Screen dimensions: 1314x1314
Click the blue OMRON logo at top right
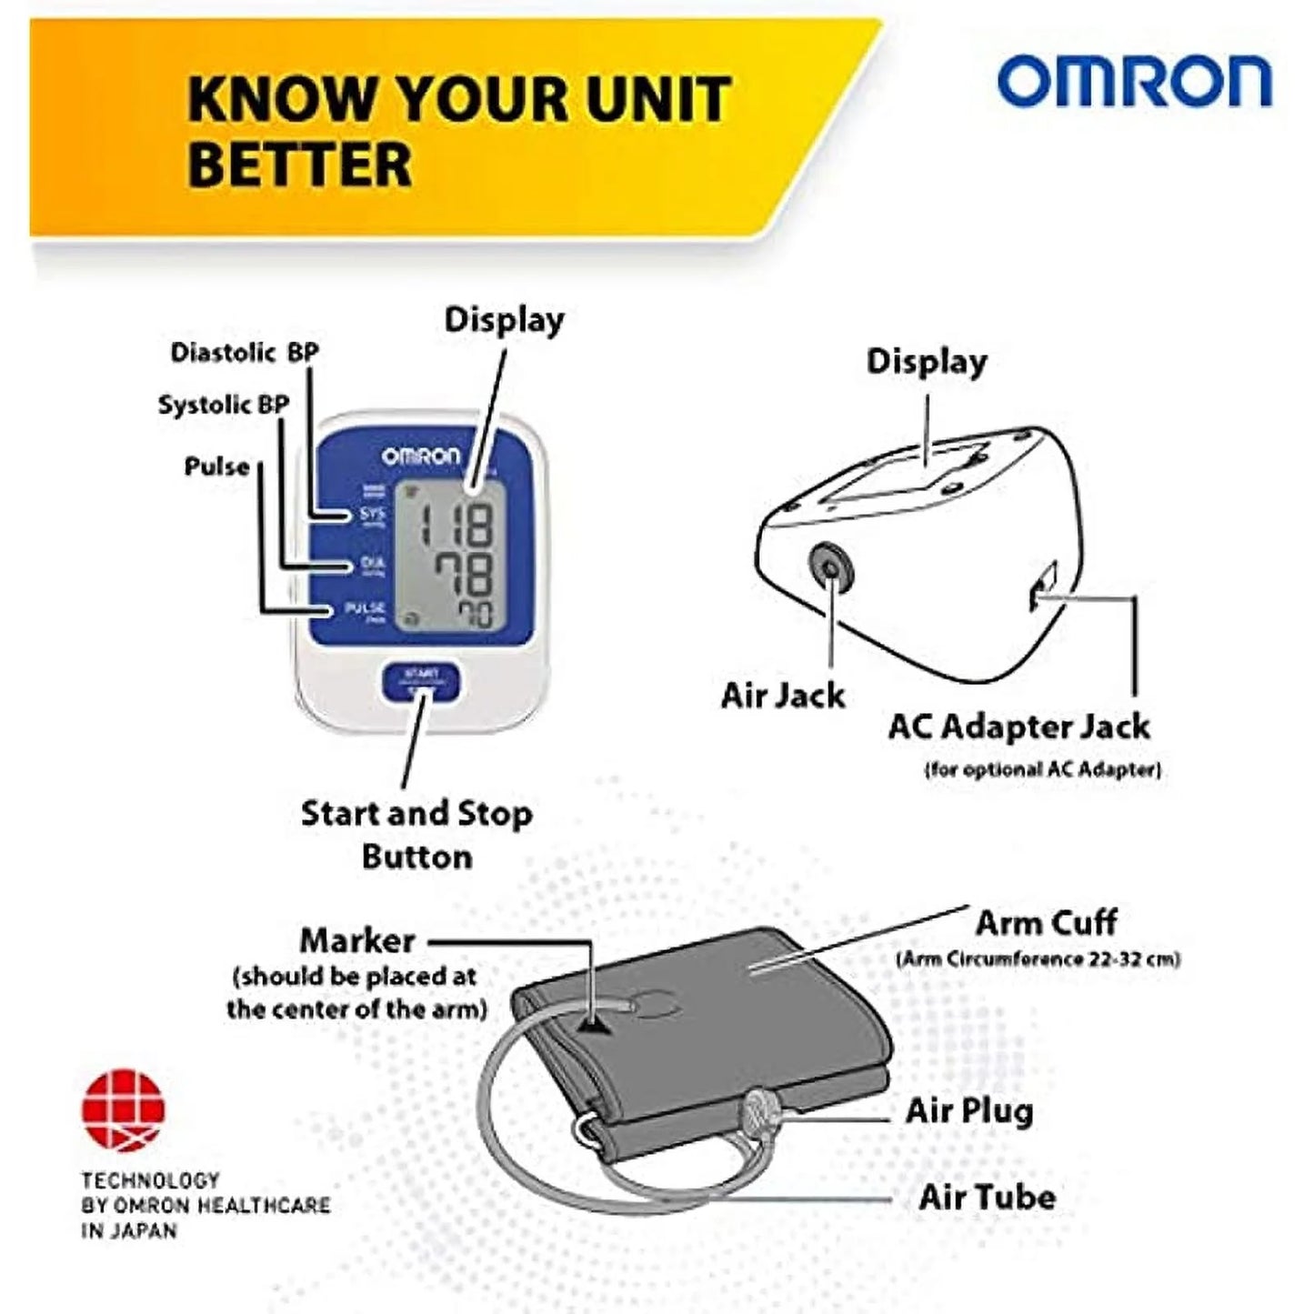point(1134,83)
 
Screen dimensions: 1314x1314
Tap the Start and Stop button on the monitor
point(420,681)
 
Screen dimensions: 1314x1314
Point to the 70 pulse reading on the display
point(474,616)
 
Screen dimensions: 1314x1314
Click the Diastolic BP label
point(245,352)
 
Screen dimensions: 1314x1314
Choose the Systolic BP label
point(224,405)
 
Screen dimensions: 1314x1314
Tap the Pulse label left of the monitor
point(216,466)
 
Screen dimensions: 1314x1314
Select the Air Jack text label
point(783,696)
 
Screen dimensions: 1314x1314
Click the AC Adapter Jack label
point(1019,727)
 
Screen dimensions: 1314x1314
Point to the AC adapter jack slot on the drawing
point(1042,586)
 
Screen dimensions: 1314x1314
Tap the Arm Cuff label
point(1046,923)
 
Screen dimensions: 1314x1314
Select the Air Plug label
point(969,1111)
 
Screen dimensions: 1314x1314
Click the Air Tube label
point(987,1197)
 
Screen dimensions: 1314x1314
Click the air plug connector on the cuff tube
point(757,1112)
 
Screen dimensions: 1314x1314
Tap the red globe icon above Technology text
point(124,1109)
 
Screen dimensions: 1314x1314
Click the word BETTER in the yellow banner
point(300,165)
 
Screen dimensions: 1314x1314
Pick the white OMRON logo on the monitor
point(420,456)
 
